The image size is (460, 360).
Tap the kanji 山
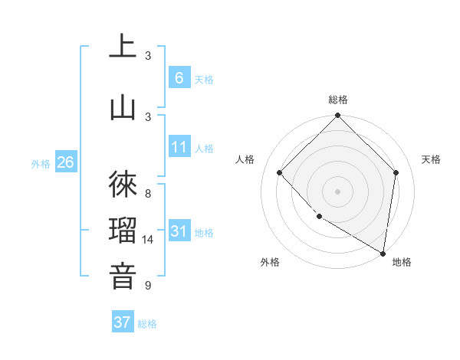coord(123,107)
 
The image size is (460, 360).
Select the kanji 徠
coord(123,185)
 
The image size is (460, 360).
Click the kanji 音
coord(123,277)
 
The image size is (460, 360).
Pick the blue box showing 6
coord(179,77)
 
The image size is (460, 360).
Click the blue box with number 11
coord(179,147)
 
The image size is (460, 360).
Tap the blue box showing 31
coord(179,231)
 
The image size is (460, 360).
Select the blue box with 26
coord(65,162)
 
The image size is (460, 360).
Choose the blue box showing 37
coord(123,322)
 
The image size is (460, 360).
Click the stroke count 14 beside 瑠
coord(148,240)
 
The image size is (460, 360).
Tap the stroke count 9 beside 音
coord(148,286)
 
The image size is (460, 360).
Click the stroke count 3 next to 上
coord(148,55)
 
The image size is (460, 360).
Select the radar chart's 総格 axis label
coord(337,100)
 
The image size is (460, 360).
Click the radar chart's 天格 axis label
coord(432,159)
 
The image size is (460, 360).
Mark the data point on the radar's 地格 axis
coord(383,254)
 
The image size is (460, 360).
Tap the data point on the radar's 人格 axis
coord(280,172)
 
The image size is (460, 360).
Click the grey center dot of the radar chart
coord(337,191)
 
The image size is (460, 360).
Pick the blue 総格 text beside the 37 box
coord(147,324)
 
